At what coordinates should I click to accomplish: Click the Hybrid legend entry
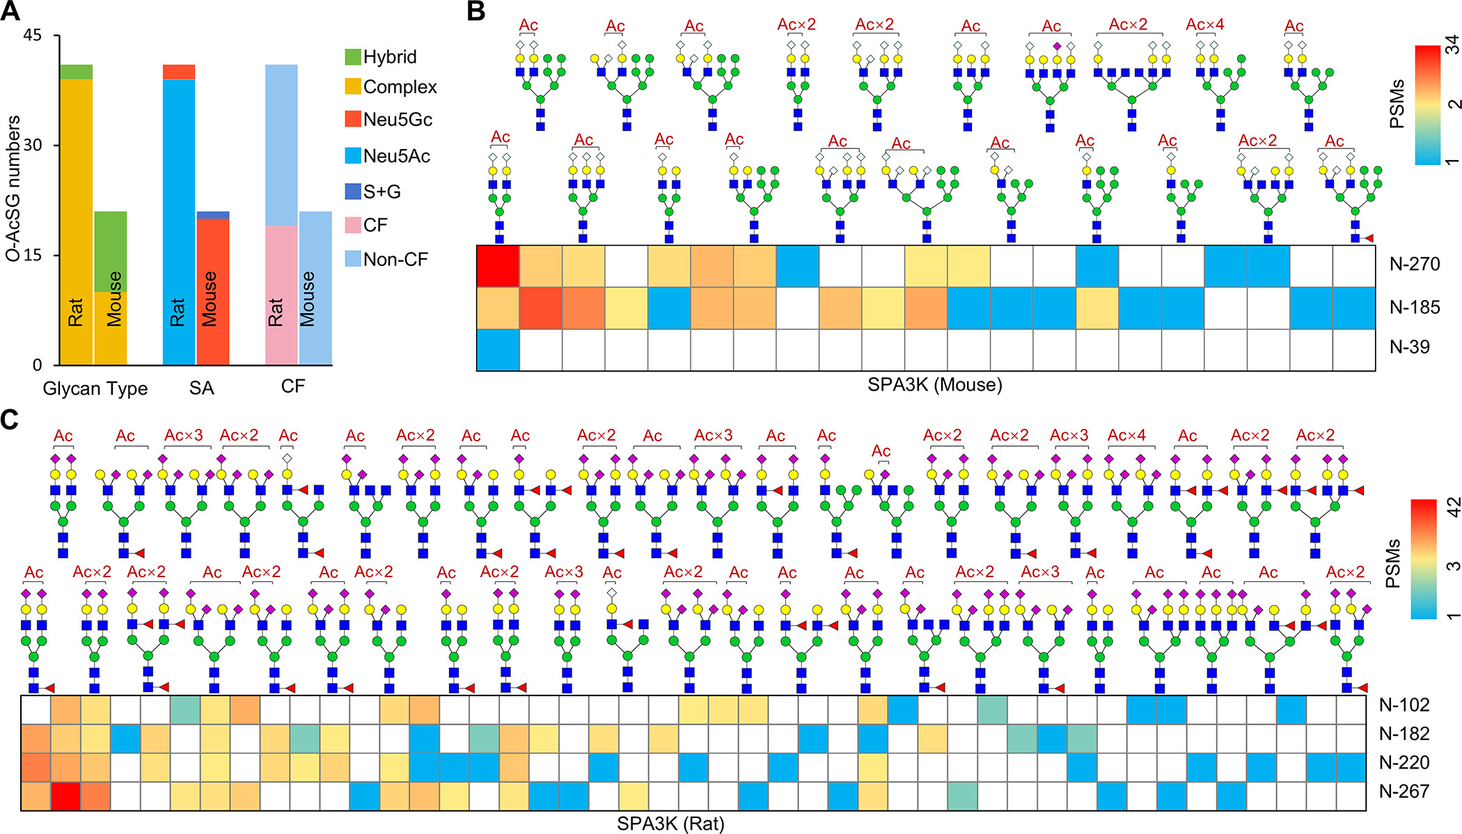(389, 56)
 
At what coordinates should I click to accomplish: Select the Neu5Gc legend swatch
(353, 119)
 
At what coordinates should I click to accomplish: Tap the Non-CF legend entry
(395, 260)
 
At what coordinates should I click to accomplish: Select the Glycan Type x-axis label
(95, 388)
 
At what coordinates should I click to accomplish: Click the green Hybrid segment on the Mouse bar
(111, 251)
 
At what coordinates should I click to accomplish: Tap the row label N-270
(1414, 265)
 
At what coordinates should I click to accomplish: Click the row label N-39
(1409, 347)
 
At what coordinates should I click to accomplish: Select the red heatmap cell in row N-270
(498, 266)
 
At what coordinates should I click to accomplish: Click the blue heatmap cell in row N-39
(498, 349)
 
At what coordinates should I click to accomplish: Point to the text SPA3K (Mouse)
(934, 384)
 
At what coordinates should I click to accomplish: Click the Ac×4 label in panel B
(1204, 25)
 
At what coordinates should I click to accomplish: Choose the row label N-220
(1404, 763)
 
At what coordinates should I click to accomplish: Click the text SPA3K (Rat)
(670, 824)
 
